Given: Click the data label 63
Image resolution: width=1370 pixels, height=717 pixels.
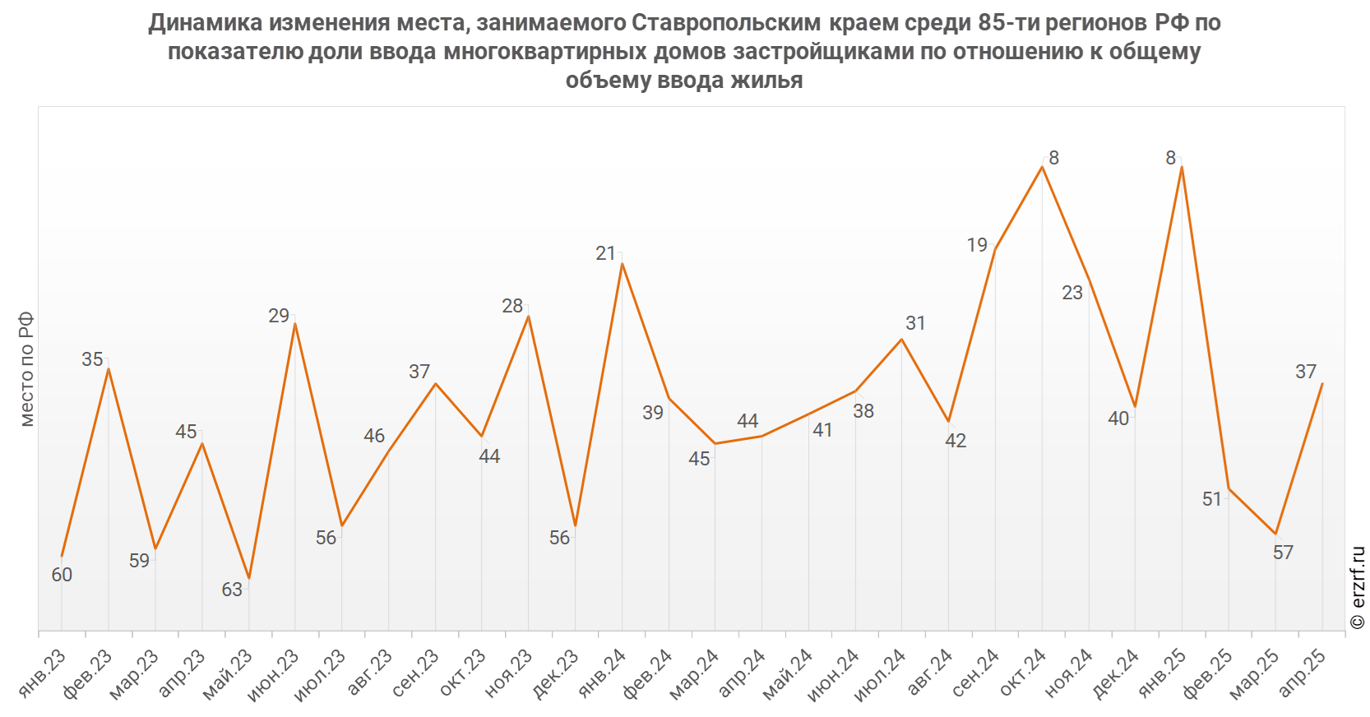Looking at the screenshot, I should click(232, 590).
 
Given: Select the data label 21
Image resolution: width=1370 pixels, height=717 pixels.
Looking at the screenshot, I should click(605, 253).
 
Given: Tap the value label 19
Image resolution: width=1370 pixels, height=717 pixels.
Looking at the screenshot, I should click(976, 245).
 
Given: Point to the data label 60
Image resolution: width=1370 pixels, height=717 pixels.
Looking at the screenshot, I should click(62, 575).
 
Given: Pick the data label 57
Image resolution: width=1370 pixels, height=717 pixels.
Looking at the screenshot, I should click(1283, 553).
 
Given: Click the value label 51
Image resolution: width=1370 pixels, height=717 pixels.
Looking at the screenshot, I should click(1211, 499).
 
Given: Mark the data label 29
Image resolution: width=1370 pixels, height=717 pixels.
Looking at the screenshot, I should click(279, 316).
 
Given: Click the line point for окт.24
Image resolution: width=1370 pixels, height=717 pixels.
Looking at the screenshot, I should click(1043, 167).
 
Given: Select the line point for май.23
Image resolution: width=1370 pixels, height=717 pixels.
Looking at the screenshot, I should click(248, 580).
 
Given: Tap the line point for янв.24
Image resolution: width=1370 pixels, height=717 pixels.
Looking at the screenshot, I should click(622, 263).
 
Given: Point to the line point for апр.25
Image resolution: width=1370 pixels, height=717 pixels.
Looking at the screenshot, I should click(1322, 383).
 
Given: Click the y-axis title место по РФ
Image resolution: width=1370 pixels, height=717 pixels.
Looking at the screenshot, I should click(26, 369).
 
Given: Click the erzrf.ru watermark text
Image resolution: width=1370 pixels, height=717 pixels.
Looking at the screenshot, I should click(1358, 587).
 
